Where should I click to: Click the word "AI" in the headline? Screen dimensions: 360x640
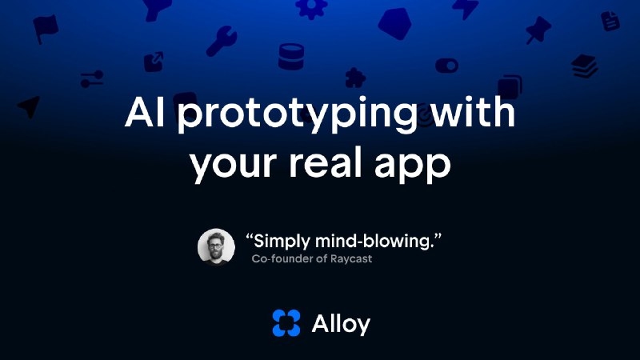(x=146, y=114)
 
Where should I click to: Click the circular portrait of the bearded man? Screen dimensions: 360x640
(x=216, y=247)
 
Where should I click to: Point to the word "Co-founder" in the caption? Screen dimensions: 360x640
(x=286, y=258)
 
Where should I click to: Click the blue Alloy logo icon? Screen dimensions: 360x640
(x=286, y=322)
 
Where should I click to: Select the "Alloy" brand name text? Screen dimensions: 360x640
(x=340, y=322)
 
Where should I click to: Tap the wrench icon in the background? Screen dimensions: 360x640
(x=221, y=41)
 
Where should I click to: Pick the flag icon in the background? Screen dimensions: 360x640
(x=46, y=29)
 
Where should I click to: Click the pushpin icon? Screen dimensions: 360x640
(x=538, y=30)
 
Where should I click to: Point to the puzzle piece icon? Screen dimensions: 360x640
(x=353, y=78)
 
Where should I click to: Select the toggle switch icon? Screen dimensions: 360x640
(x=448, y=65)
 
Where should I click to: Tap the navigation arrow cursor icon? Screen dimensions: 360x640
(x=30, y=107)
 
